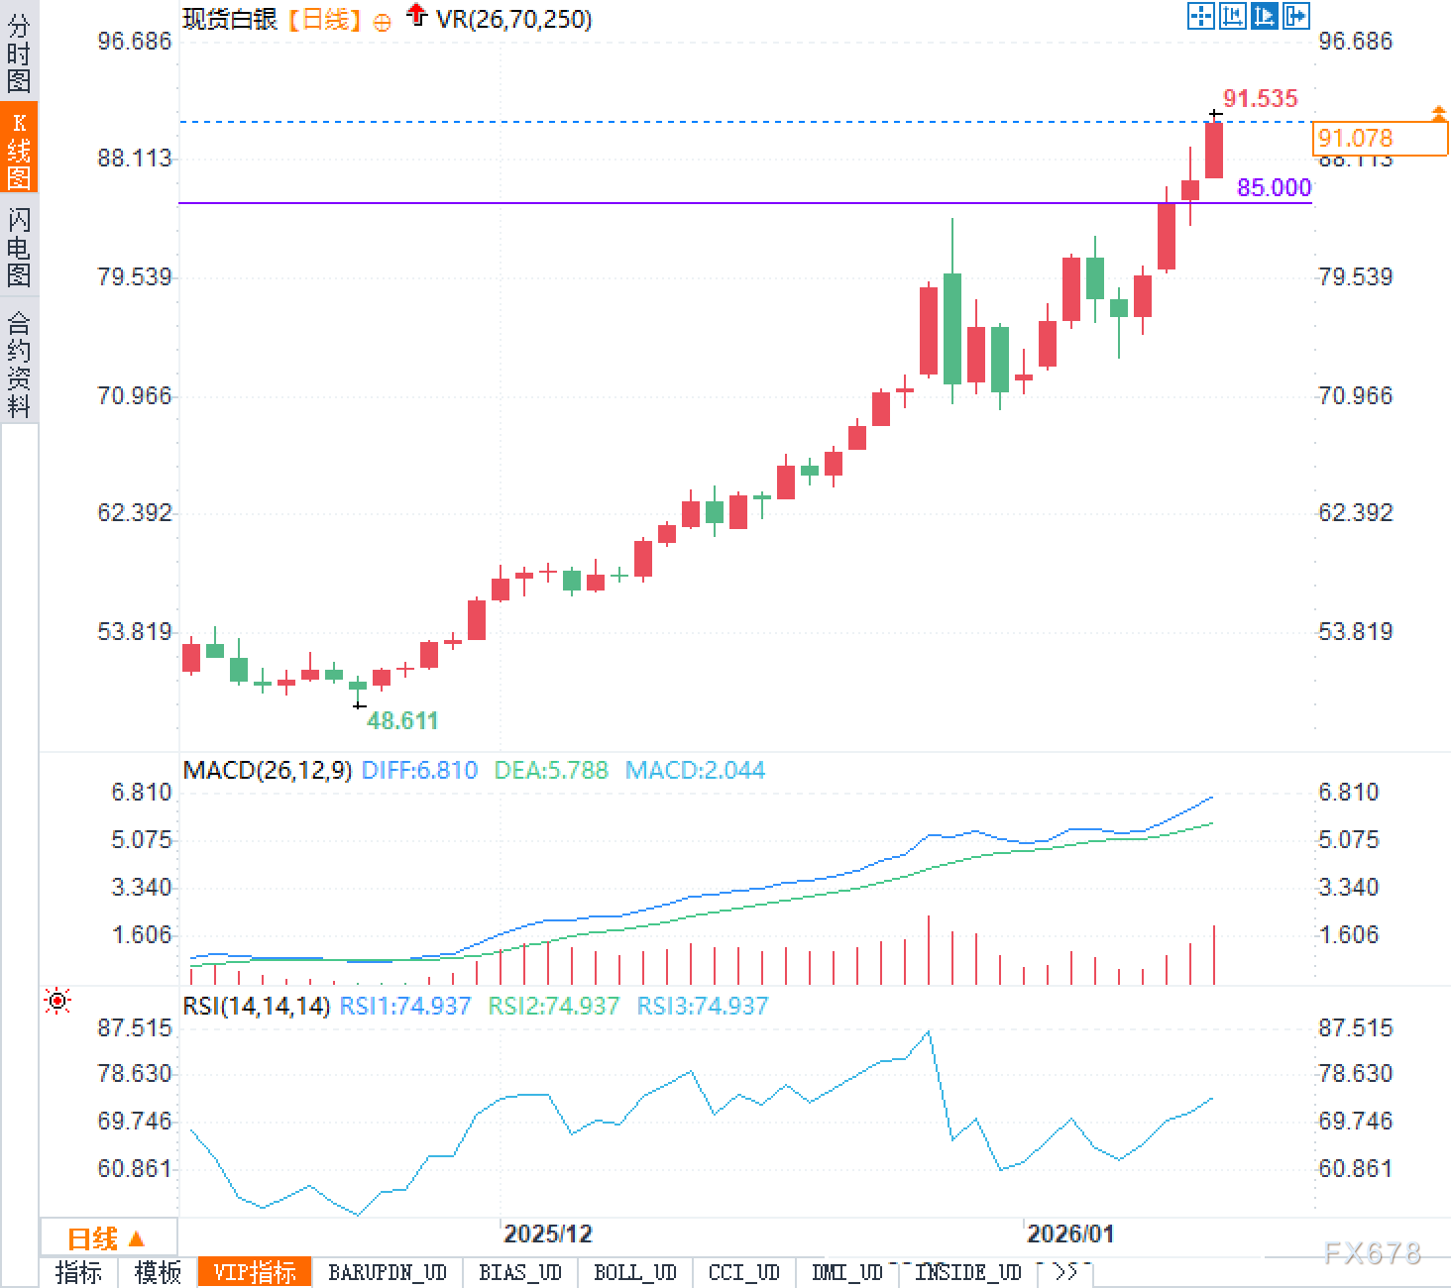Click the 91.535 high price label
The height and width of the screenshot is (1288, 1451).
(1260, 98)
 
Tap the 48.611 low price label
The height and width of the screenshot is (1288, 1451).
(402, 720)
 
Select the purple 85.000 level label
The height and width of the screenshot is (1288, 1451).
(1274, 187)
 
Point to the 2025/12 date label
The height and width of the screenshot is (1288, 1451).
(547, 1234)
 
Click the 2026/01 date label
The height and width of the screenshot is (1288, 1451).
(1070, 1234)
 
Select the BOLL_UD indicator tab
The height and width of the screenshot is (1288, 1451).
(634, 1272)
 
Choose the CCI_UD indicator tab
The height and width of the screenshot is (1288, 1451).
(743, 1272)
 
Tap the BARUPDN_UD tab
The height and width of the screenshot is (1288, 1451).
(388, 1272)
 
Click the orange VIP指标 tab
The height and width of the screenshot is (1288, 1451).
(255, 1272)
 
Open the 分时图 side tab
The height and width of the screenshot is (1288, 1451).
(19, 54)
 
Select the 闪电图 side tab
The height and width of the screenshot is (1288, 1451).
(19, 246)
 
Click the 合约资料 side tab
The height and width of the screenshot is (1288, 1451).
(19, 364)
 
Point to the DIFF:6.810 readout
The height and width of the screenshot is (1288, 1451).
(419, 770)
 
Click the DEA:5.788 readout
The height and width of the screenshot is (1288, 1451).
(551, 770)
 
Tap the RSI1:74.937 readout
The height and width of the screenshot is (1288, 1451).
(404, 1006)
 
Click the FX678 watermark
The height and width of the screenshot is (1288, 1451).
(1373, 1253)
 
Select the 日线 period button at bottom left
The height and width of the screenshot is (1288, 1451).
(105, 1238)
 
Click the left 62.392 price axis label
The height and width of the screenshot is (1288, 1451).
(134, 512)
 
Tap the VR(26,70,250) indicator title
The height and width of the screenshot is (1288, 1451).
(513, 19)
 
